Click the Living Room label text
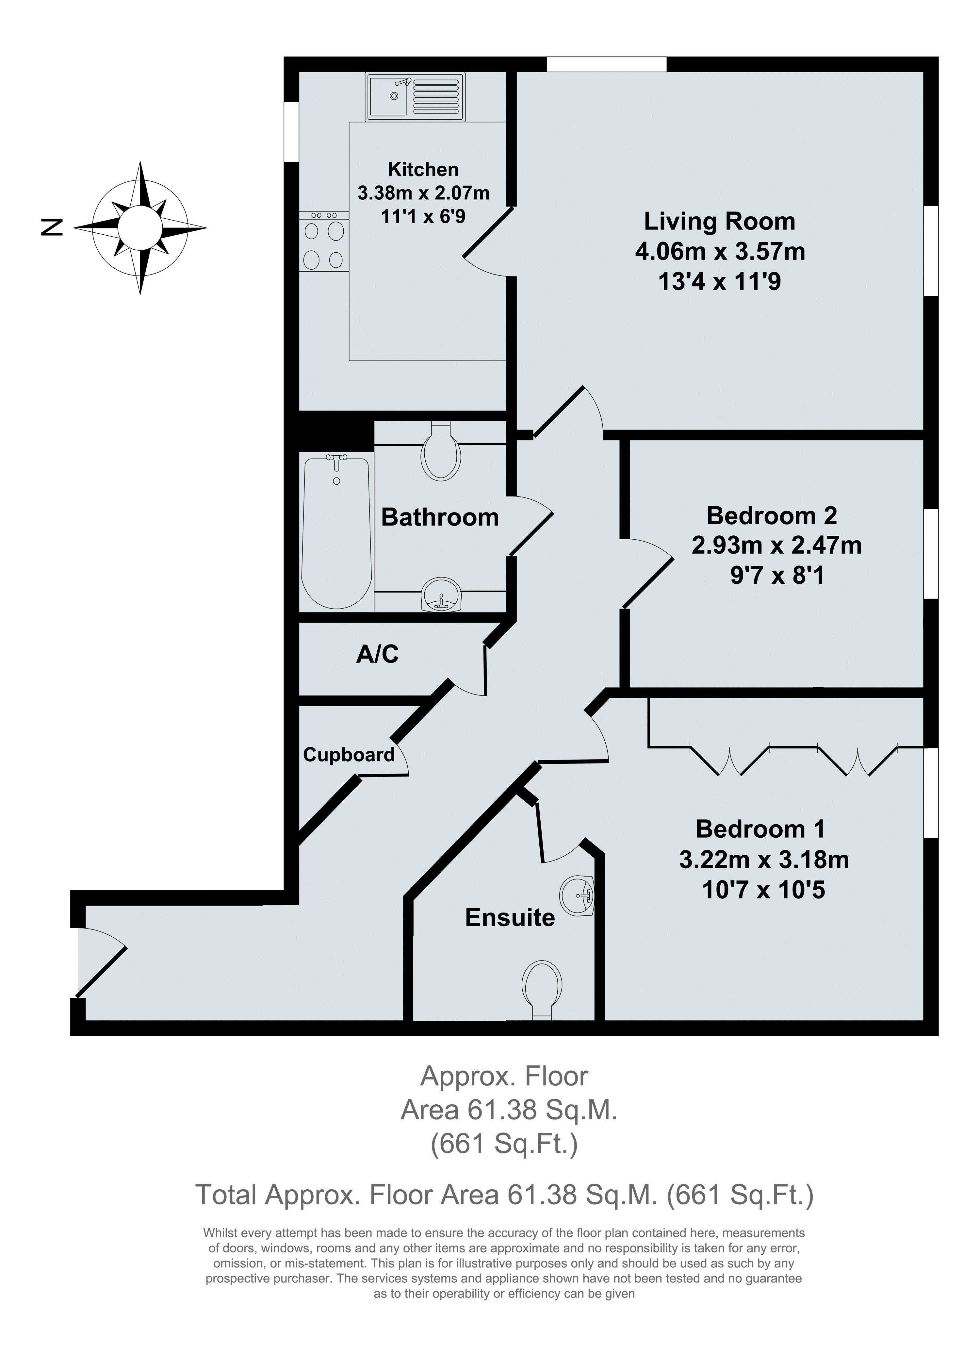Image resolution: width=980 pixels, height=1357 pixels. point(719,221)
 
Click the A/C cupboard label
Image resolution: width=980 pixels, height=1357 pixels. point(377,655)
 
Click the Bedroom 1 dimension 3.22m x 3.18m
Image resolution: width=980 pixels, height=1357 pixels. point(763,860)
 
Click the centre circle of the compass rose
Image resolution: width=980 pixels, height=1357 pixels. point(140,227)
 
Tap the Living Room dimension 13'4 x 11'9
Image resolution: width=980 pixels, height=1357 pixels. point(719,281)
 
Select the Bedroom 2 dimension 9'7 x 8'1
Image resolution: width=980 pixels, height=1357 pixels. point(777,576)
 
